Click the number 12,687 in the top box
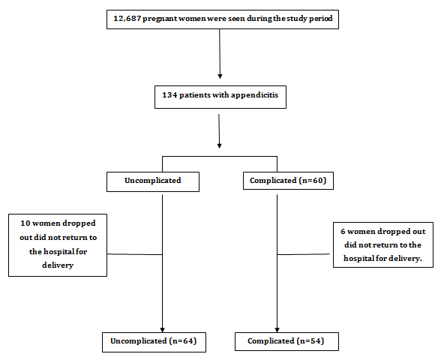[127, 19]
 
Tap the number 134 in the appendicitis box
[169, 94]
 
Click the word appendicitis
[254, 95]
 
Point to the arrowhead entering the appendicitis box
[220, 76]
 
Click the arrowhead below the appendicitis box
[219, 146]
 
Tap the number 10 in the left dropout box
[25, 223]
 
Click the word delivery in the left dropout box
[58, 265]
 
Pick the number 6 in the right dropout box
[343, 232]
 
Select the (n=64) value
[183, 340]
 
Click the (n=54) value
[310, 340]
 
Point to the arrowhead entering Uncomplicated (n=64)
[162, 330]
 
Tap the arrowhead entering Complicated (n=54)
[277, 330]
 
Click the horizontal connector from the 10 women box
[135, 254]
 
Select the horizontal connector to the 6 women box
[304, 254]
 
